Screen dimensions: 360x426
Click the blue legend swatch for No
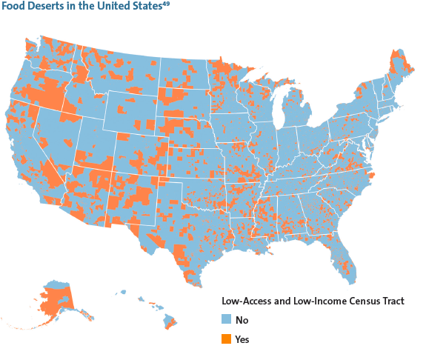click(227, 321)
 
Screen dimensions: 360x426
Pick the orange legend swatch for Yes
click(227, 339)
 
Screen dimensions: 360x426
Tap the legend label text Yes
click(242, 339)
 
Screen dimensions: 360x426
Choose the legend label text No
click(242, 321)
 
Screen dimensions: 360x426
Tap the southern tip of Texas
click(192, 280)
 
